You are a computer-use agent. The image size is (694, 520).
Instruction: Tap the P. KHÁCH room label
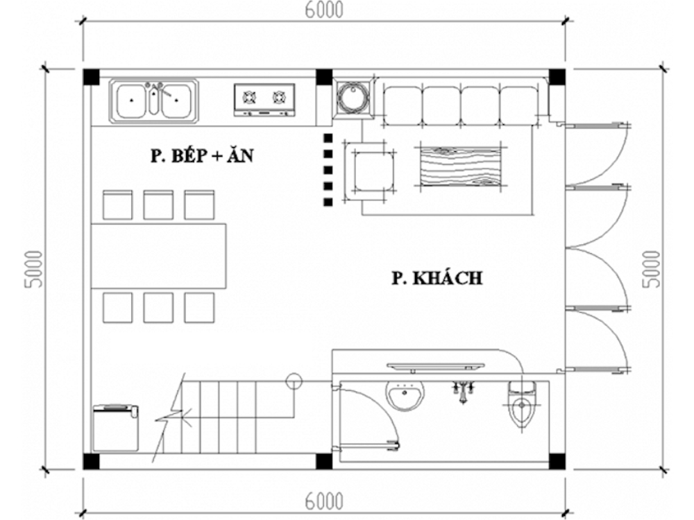point(436,279)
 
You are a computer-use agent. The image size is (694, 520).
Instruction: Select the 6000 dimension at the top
point(325,10)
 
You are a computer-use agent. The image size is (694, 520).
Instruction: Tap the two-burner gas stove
point(264,98)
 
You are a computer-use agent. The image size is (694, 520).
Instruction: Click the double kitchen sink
point(154,99)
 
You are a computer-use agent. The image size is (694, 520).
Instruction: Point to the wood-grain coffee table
point(459,167)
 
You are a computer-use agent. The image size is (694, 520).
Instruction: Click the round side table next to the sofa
point(353,98)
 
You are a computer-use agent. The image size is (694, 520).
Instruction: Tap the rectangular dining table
point(159,257)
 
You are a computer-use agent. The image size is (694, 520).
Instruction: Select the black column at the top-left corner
point(92,76)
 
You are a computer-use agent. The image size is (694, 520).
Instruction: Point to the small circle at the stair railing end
point(294,380)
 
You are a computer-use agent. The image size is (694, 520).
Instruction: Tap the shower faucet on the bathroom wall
point(464,390)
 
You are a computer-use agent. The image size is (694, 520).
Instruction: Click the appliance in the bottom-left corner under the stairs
point(115,428)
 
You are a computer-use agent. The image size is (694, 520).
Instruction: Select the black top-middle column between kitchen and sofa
point(324,76)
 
